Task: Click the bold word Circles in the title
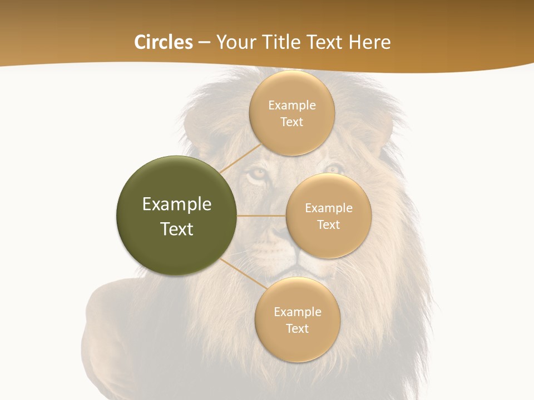coord(163,42)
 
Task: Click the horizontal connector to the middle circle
coord(261,216)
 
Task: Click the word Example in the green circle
coord(177,204)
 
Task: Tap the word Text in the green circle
coord(177,229)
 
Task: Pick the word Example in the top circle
coord(291,106)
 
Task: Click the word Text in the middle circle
coord(328,225)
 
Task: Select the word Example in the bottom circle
coord(297,312)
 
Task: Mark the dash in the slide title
coord(204,43)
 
